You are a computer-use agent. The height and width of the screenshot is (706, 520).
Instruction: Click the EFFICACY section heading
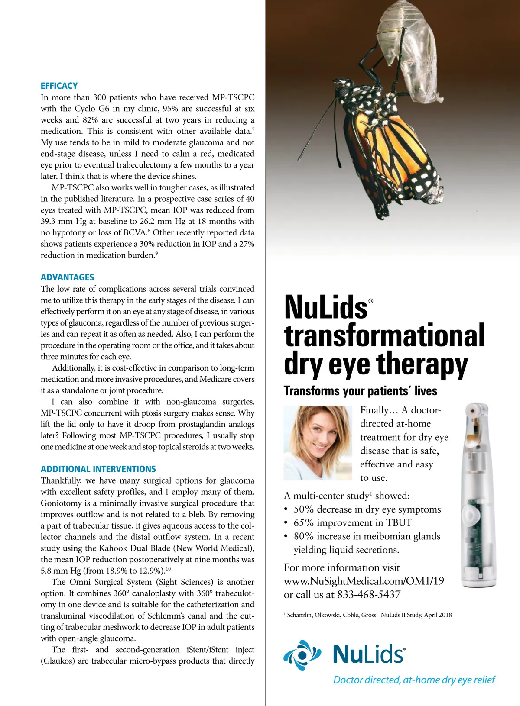coord(59,86)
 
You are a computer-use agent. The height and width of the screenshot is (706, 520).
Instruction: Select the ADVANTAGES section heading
coord(67,277)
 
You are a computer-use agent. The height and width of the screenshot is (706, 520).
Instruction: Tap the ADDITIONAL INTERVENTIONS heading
coord(98,469)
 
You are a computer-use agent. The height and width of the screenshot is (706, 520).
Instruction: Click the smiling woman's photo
coord(318,442)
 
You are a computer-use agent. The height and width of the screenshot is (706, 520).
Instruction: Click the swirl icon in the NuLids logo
coord(302,654)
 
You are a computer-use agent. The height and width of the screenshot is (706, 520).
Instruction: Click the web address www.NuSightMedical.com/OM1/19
coord(364,581)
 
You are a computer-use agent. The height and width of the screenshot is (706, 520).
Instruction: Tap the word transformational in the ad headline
coord(384,336)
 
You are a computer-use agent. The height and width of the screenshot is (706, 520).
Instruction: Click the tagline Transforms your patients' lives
coord(360,391)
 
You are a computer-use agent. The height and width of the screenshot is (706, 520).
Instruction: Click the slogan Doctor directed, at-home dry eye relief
coord(414,680)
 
